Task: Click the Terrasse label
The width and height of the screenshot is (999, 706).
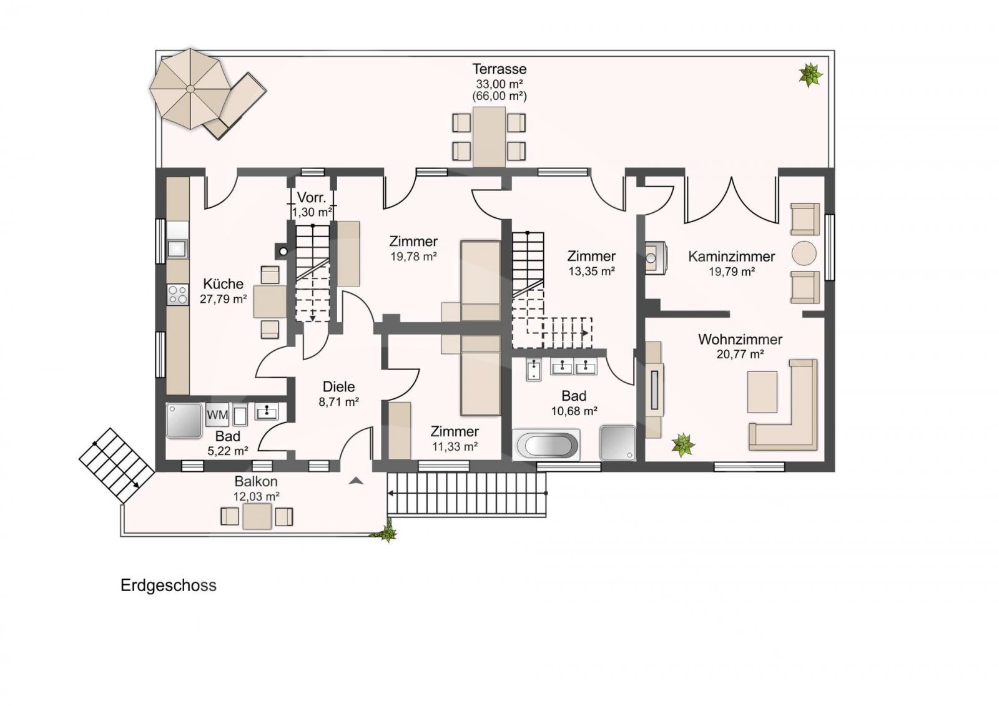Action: click(x=499, y=69)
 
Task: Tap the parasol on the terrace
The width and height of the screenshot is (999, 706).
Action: click(x=190, y=89)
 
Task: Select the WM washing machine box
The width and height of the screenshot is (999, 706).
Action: click(x=217, y=414)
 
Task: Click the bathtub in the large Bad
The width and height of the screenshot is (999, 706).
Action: click(x=546, y=445)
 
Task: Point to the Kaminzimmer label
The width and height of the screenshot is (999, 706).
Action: click(x=731, y=257)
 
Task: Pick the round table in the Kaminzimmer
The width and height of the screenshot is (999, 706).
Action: click(x=804, y=253)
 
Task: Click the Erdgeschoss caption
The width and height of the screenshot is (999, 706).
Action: click(x=168, y=586)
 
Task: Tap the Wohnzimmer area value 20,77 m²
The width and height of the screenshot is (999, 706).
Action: click(x=740, y=355)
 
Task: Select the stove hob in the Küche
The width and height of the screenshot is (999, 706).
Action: click(x=177, y=295)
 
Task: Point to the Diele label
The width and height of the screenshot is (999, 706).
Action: click(x=338, y=386)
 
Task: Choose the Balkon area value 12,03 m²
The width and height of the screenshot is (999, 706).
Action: click(x=256, y=496)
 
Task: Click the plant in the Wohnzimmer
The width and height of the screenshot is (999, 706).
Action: click(x=682, y=444)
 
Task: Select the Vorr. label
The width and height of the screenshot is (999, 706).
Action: click(x=312, y=198)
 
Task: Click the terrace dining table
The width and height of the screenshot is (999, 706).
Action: click(x=489, y=137)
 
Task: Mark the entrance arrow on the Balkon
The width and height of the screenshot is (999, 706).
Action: click(x=355, y=480)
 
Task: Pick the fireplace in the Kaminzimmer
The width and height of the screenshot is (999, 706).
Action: click(x=656, y=257)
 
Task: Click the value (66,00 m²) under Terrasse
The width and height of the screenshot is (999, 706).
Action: click(x=499, y=96)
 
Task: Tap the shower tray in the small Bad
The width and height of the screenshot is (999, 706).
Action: click(x=184, y=421)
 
